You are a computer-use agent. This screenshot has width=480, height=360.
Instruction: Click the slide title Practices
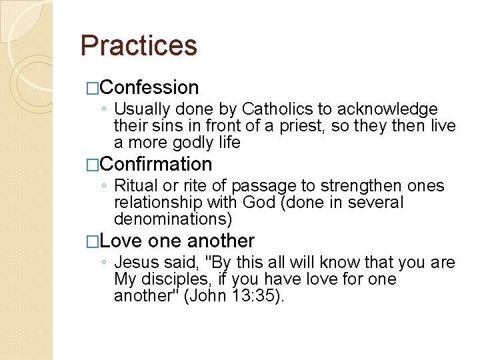[139, 45]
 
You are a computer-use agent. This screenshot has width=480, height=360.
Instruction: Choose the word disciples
[177, 279]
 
